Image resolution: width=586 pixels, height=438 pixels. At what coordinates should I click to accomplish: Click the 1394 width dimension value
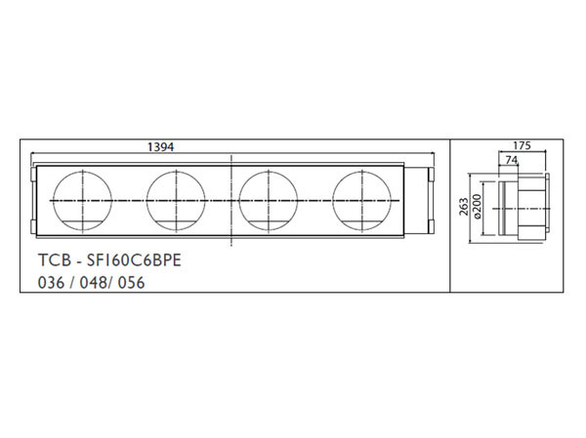coord(160,146)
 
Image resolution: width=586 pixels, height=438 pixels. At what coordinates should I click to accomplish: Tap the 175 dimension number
coord(521,145)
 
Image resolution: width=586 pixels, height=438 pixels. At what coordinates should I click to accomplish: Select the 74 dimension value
coord(511,160)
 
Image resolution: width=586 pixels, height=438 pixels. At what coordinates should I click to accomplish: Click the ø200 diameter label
coord(478,206)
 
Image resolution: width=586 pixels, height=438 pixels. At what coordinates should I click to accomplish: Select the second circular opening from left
coord(177,200)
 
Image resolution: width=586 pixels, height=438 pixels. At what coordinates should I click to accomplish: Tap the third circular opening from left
coord(269,200)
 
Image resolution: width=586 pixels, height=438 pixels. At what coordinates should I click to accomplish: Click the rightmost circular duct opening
coord(361,200)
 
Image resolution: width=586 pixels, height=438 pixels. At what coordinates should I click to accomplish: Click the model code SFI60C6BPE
coord(122,262)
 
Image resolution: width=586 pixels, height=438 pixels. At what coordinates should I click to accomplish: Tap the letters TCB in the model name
coord(50,262)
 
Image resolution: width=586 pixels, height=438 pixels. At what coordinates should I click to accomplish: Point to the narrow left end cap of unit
coord(33,200)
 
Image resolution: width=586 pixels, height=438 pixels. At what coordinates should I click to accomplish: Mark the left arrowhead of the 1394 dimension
coord(34,155)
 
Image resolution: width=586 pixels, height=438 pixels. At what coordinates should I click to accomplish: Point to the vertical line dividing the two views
coord(449,215)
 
